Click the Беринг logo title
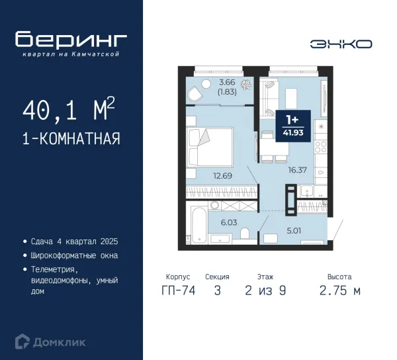71,39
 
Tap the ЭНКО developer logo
341,44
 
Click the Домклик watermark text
59,343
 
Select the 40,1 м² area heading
69,109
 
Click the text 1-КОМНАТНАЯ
71,138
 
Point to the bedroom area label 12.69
222,175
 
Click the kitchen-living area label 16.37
298,169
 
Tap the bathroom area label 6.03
229,222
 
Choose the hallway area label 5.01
294,231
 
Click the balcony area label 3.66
227,82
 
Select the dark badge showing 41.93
293,126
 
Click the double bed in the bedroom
210,147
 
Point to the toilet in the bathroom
245,234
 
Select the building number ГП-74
179,290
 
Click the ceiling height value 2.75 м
340,291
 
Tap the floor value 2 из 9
265,291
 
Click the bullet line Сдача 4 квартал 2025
74,242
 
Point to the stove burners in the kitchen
320,147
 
